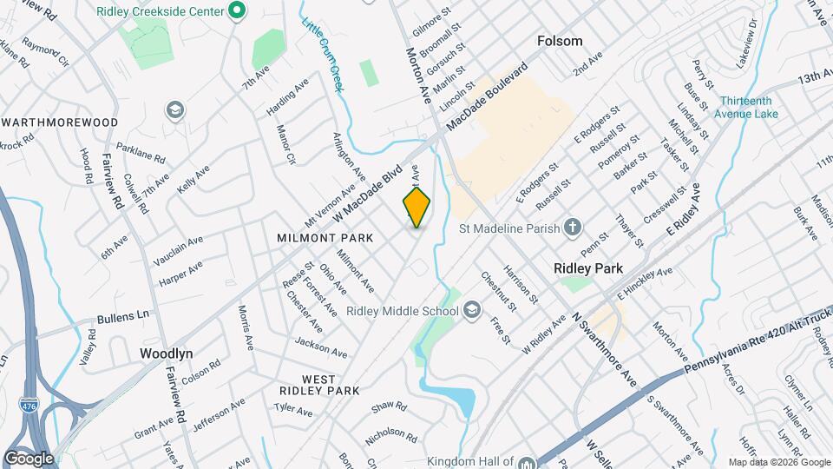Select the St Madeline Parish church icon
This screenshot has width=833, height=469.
click(572, 228)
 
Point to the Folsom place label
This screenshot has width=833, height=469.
click(560, 41)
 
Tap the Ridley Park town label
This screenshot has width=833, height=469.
click(588, 269)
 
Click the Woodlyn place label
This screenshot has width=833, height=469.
click(167, 353)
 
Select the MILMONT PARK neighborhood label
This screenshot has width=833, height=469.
click(325, 237)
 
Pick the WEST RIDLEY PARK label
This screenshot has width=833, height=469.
click(318, 386)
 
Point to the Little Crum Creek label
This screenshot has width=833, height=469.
click(322, 52)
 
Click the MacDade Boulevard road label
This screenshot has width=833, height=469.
click(488, 97)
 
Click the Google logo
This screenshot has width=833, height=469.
click(29, 458)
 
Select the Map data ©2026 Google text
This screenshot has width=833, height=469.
click(777, 462)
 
